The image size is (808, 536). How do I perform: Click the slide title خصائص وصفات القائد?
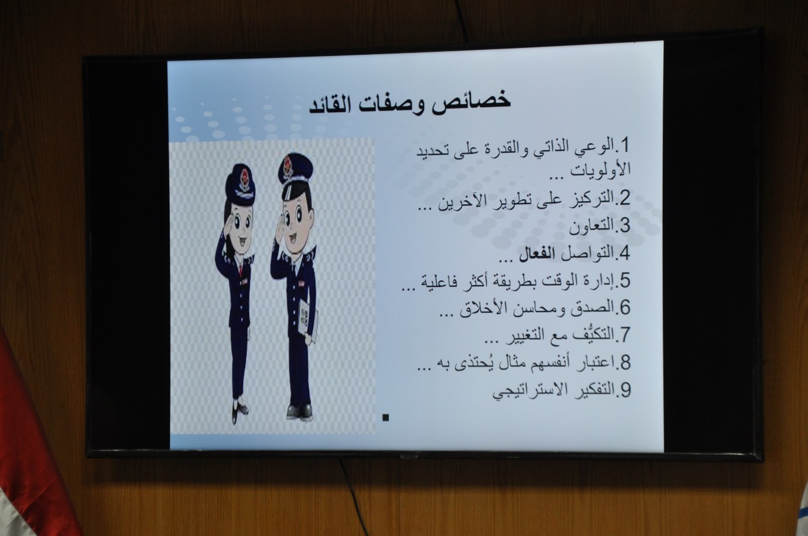click(410, 103)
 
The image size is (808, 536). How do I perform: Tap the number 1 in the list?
click(624, 146)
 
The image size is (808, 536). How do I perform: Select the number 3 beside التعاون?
click(624, 226)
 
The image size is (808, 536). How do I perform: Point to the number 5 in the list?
click(624, 281)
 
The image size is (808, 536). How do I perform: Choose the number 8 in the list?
click(624, 363)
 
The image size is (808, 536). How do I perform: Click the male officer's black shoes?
click(299, 411)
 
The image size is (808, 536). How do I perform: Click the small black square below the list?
click(386, 417)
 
